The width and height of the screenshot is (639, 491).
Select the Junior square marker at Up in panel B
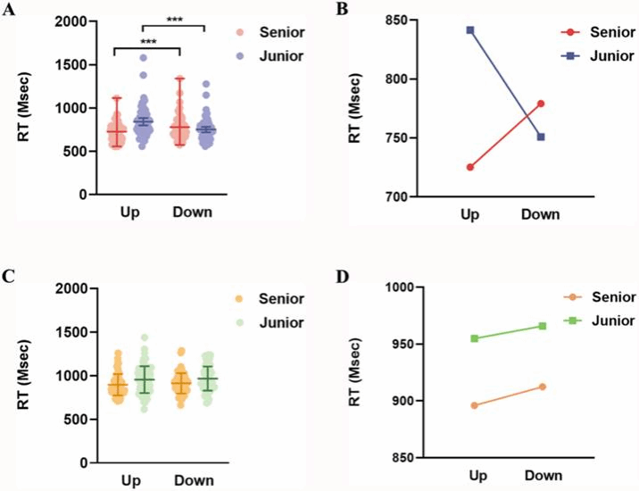[469, 30]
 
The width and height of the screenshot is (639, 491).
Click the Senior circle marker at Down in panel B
[540, 104]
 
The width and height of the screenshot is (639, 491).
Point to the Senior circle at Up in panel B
[469, 167]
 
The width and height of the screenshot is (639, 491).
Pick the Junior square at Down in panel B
[540, 137]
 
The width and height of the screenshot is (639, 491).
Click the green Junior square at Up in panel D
[475, 338]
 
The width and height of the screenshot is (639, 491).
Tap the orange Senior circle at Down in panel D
[542, 387]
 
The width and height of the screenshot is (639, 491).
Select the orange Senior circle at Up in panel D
[475, 405]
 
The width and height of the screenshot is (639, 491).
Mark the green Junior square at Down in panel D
[542, 326]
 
